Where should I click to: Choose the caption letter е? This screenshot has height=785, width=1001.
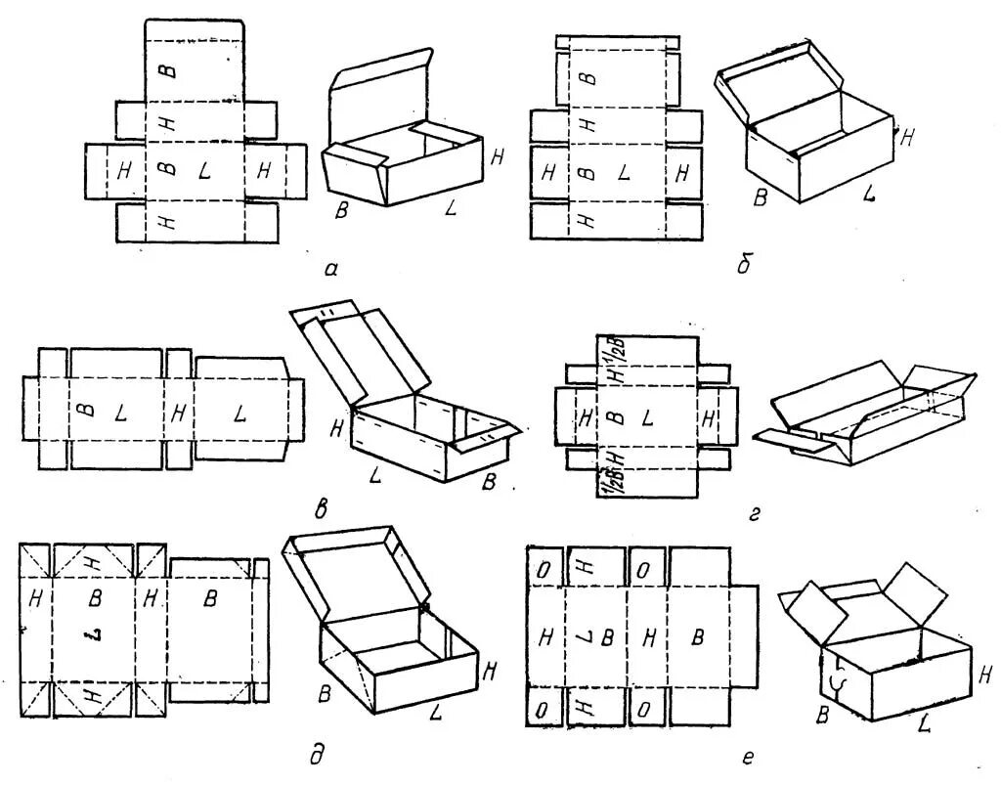[747, 755]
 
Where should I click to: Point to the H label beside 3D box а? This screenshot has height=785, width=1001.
[500, 155]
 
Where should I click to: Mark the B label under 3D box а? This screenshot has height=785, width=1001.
[341, 210]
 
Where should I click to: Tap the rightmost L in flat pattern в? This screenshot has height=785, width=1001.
[239, 414]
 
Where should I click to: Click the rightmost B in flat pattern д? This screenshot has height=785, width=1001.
[209, 600]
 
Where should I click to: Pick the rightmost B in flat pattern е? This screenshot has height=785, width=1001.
[698, 638]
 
